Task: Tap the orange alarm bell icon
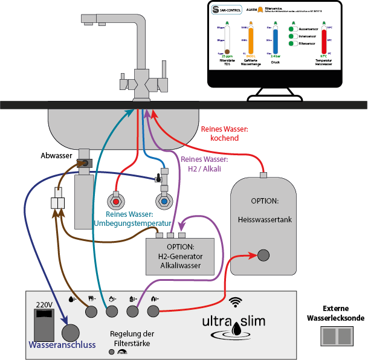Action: (x=260, y=10)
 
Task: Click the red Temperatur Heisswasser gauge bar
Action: (x=324, y=42)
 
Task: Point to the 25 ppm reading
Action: (x=227, y=56)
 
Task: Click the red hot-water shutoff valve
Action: (x=116, y=200)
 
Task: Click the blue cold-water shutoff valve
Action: (x=163, y=200)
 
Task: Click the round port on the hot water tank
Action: (x=263, y=255)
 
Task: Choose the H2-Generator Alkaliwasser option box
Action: (x=181, y=256)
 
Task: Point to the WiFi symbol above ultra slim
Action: (x=236, y=301)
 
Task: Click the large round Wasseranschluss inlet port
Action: (x=71, y=333)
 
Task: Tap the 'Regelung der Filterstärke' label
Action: (x=132, y=338)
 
